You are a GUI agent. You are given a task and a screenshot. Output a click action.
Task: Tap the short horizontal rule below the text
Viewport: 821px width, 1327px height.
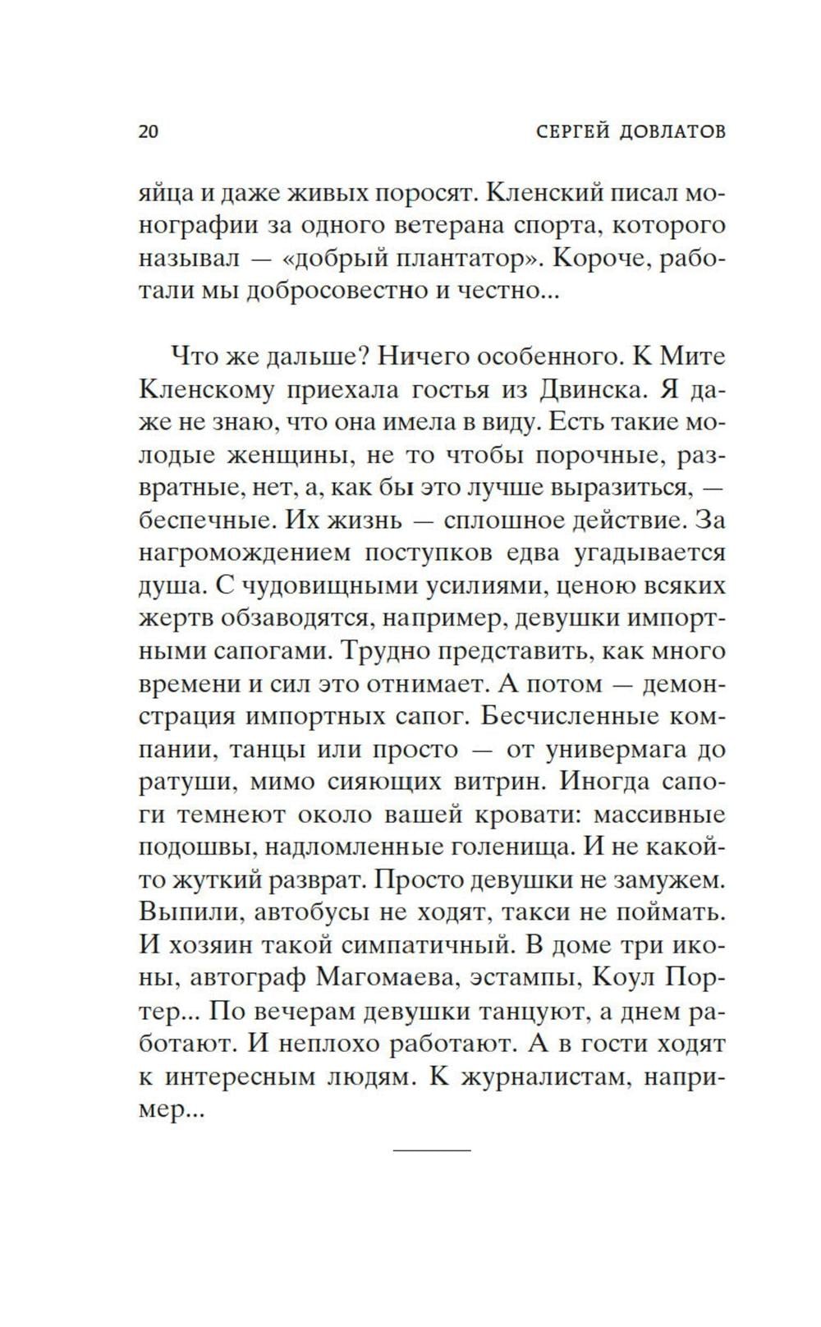[x=433, y=1150]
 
